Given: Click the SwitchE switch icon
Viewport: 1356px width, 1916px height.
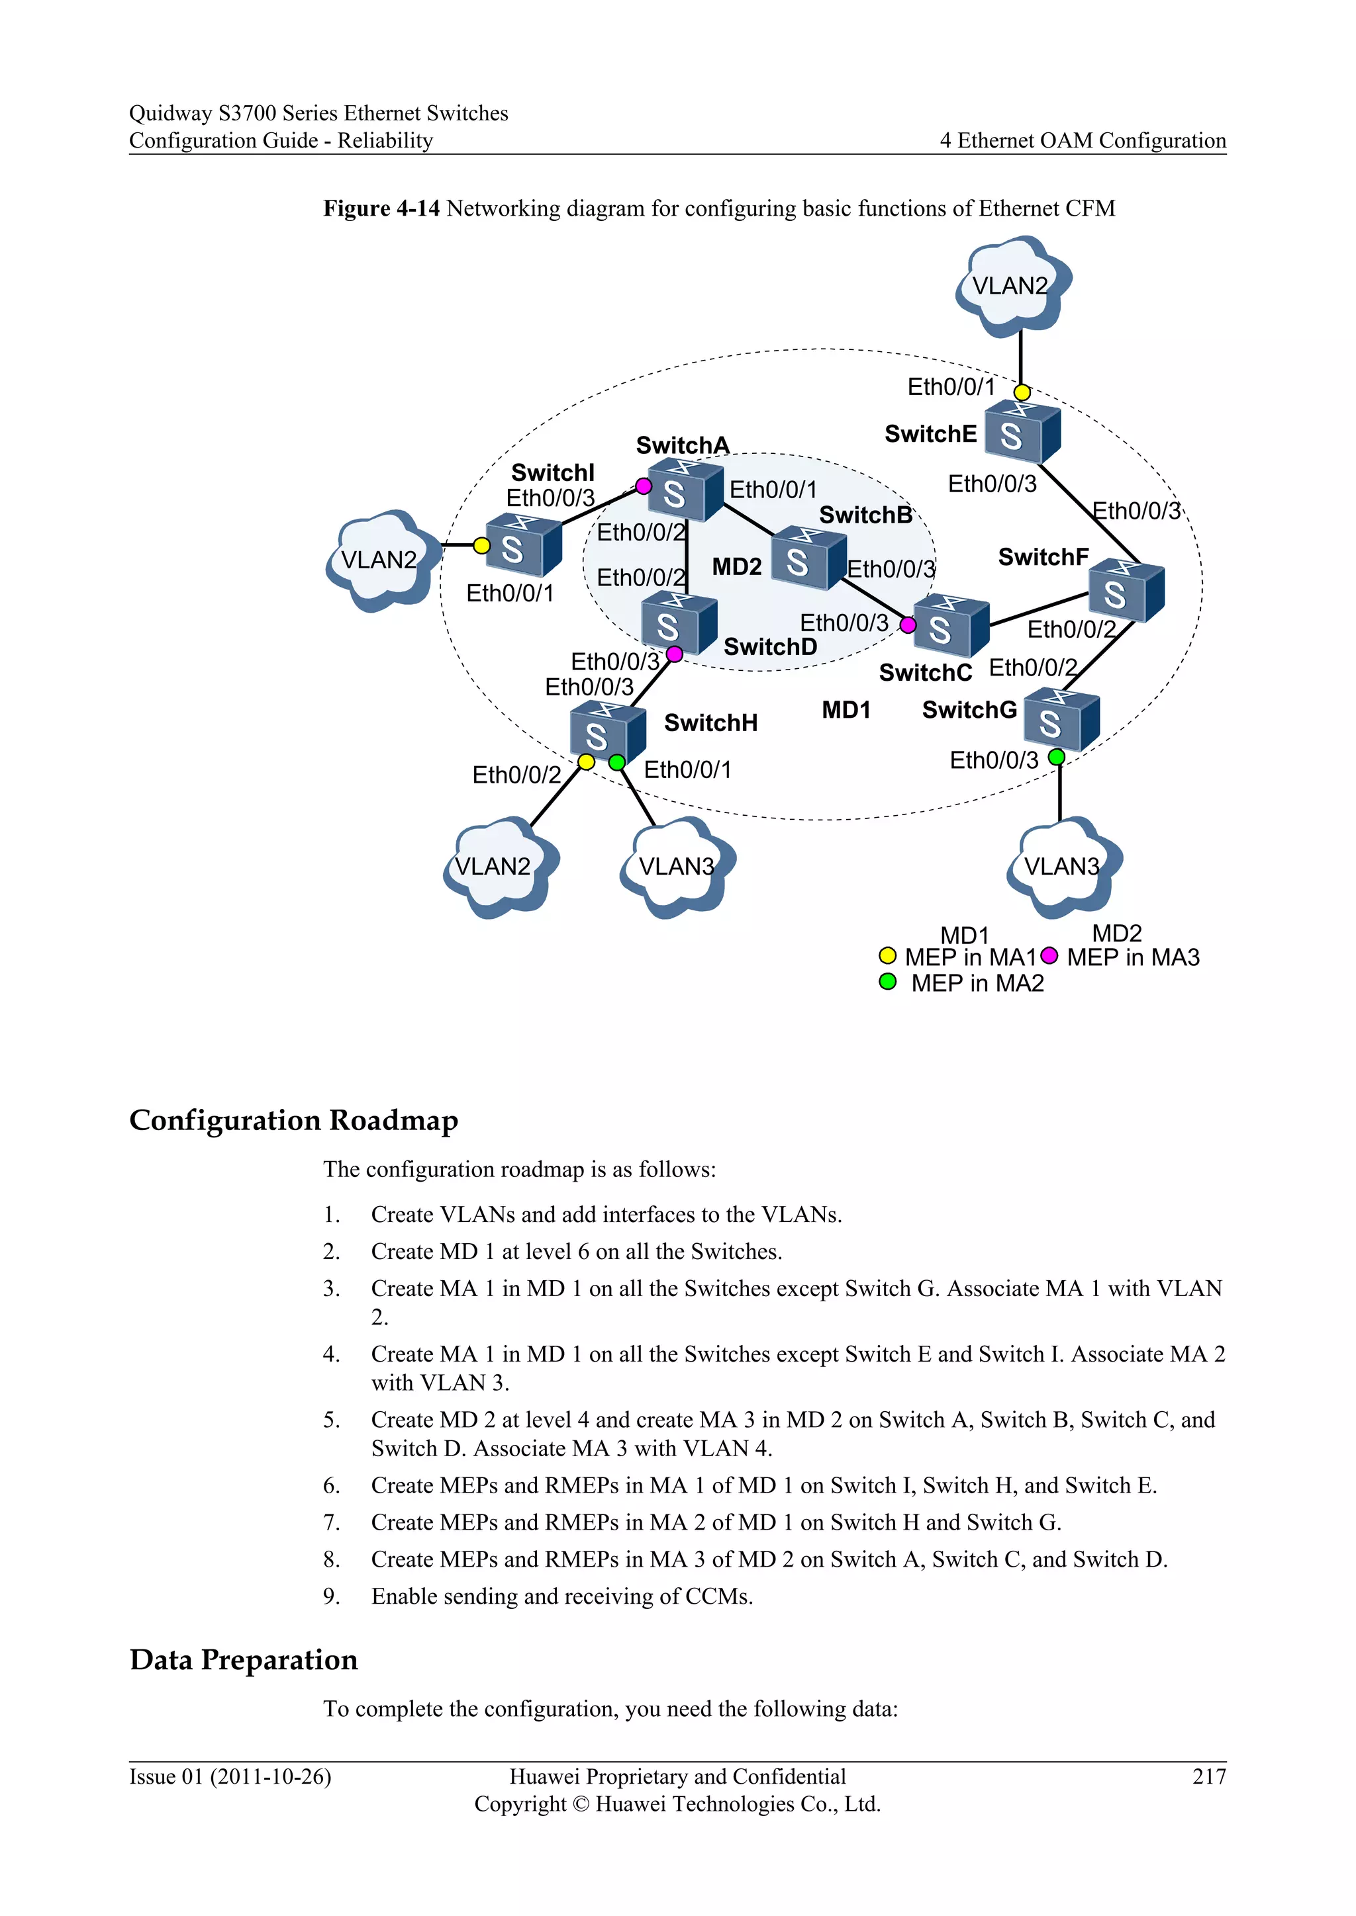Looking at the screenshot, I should [1022, 432].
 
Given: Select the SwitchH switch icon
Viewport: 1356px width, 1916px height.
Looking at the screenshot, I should [607, 731].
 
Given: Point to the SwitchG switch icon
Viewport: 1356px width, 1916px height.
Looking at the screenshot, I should [1061, 719].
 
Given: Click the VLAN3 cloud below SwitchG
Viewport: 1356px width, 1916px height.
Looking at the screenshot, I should [1063, 867].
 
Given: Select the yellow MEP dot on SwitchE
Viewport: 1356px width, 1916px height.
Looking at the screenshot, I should [1022, 392].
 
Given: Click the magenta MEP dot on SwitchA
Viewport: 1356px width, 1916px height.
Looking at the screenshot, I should [644, 486].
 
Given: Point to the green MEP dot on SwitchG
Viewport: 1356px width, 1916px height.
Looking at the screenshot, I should [1056, 757].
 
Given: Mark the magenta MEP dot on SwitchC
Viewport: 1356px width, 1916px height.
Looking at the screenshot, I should [908, 624].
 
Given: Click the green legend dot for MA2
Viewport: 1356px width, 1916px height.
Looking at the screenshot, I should [888, 982].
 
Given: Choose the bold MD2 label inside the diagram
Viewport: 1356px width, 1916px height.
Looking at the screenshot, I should [736, 568].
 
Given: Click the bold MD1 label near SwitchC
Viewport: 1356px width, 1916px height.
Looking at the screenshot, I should [846, 710].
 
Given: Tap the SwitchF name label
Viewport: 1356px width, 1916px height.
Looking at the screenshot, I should [1043, 556].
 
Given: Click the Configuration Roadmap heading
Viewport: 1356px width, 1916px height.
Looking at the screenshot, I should [294, 1120].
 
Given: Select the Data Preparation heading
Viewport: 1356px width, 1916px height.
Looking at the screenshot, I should [244, 1660].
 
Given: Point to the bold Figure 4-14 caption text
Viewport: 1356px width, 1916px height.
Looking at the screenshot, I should [381, 208].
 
